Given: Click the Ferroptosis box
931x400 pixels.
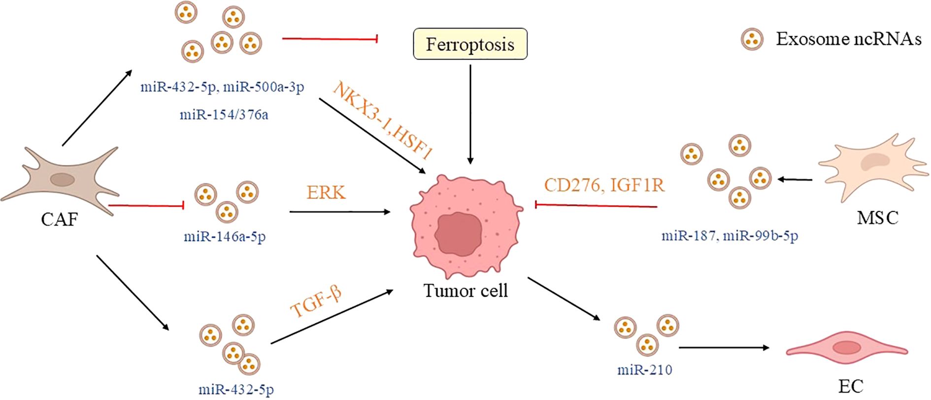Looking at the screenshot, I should pyautogui.click(x=470, y=44).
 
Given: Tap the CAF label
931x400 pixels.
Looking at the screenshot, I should pyautogui.click(x=59, y=219).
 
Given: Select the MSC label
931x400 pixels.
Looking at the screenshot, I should pyautogui.click(x=877, y=217).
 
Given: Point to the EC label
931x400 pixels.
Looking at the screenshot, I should pyautogui.click(x=851, y=386).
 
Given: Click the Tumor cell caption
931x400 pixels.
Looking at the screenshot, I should pyautogui.click(x=465, y=291).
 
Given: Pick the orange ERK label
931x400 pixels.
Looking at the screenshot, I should pyautogui.click(x=326, y=193).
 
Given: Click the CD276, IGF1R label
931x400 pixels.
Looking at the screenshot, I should pyautogui.click(x=604, y=185).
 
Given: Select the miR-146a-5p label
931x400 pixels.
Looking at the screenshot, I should pyautogui.click(x=225, y=236).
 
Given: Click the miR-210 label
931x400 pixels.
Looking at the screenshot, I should pyautogui.click(x=645, y=369).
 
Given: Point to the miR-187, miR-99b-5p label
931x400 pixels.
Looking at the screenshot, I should pyautogui.click(x=730, y=235).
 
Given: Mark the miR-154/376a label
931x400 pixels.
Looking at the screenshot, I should pyautogui.click(x=224, y=115).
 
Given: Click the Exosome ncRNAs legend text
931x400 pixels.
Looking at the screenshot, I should pyautogui.click(x=848, y=39).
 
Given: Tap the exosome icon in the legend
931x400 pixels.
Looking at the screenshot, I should pyautogui.click(x=752, y=39).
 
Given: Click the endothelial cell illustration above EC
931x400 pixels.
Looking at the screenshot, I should pyautogui.click(x=846, y=349).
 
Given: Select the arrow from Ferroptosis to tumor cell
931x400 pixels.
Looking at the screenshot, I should pyautogui.click(x=470, y=113).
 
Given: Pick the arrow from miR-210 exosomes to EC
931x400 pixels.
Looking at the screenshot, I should pyautogui.click(x=724, y=348).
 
